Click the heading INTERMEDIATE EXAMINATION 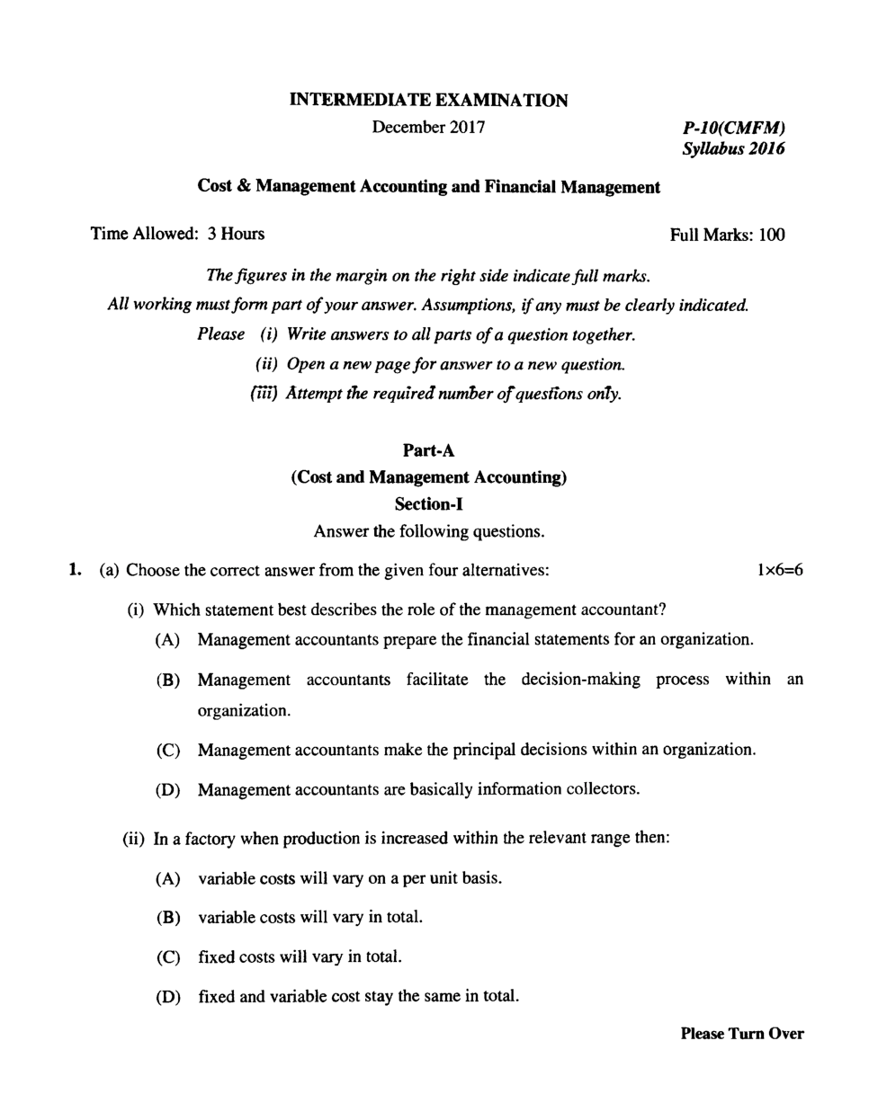pos(428,100)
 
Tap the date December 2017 pos(428,127)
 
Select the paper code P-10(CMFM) pos(734,129)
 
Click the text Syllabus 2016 pos(733,149)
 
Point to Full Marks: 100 pos(727,236)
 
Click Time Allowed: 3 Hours pos(178,235)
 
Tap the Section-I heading pos(428,503)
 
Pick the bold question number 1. pos(76,570)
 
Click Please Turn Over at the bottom pos(741,1034)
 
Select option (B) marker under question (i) pos(168,680)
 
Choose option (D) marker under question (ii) pos(168,997)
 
